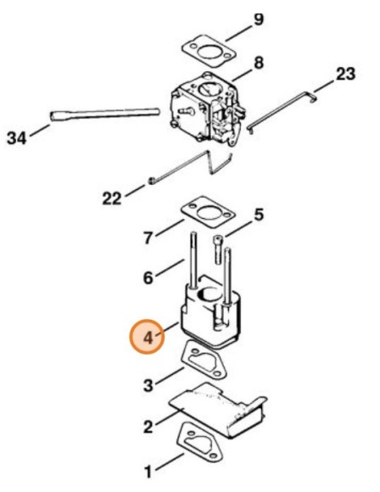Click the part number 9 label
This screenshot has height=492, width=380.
(259, 20)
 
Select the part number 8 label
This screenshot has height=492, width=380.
(259, 63)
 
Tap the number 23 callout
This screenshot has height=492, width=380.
(345, 74)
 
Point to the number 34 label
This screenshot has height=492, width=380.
(17, 138)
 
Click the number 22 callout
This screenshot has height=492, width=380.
(112, 198)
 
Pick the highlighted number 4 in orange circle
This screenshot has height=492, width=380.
(148, 337)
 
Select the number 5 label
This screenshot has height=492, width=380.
(259, 215)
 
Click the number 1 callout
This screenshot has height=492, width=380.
(148, 472)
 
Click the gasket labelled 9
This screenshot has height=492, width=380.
(209, 52)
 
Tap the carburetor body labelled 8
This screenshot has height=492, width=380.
(208, 109)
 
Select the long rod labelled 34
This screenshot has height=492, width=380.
(105, 115)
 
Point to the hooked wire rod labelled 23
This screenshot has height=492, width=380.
(282, 112)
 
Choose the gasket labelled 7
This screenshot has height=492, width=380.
(208, 212)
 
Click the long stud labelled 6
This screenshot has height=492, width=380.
(193, 260)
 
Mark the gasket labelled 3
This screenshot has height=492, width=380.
(204, 361)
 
